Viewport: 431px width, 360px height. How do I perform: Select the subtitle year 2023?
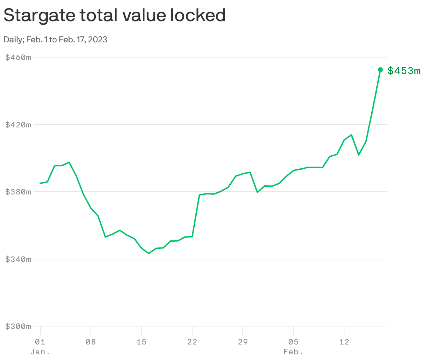98,40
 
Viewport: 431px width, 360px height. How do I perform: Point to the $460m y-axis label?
18,57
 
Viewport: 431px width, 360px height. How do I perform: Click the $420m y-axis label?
18,125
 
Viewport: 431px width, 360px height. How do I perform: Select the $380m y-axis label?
18,192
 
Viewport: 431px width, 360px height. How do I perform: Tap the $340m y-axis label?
18,259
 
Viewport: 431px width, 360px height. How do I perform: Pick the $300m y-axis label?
18,326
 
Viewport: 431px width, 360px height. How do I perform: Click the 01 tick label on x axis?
40,342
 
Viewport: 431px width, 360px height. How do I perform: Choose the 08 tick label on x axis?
91,342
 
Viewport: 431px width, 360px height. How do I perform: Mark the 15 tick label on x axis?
141,342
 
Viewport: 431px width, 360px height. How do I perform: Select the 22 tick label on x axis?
192,342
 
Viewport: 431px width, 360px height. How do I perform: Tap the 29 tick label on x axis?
243,342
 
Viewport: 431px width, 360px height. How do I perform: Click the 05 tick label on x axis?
293,342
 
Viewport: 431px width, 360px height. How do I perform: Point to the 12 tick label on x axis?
344,342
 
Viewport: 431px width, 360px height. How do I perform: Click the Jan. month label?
40,352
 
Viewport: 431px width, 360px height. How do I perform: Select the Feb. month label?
293,352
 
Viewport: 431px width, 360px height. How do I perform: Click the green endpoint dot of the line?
380,70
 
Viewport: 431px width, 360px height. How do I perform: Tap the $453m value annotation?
404,71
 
